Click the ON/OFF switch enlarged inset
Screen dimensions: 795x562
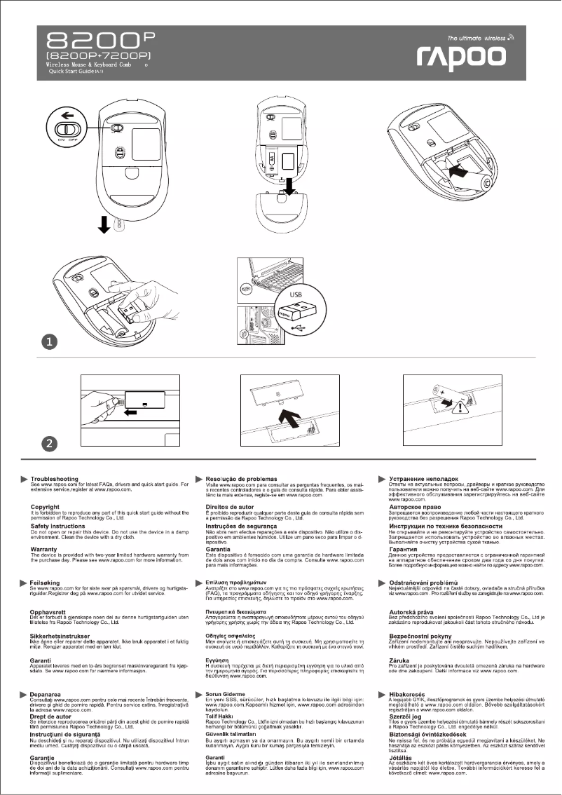point(67,130)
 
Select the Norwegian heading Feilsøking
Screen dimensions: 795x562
point(48,582)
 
